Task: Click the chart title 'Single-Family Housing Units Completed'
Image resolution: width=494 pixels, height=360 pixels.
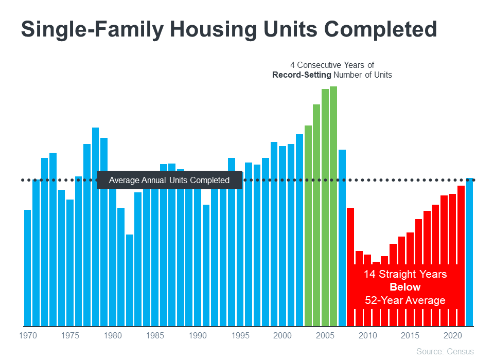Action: (x=229, y=30)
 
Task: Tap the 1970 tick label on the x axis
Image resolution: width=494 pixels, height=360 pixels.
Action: (x=27, y=336)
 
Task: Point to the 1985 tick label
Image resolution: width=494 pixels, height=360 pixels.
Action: (x=155, y=336)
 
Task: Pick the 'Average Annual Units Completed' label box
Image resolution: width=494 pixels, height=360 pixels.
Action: (x=169, y=181)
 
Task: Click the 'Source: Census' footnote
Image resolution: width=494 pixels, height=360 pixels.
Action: (x=445, y=351)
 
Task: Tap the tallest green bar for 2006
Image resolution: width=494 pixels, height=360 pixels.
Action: (x=333, y=206)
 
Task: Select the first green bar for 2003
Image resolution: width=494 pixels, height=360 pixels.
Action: (x=308, y=226)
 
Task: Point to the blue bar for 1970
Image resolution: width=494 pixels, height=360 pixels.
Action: (x=27, y=267)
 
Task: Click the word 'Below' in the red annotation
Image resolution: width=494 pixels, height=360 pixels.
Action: (x=405, y=287)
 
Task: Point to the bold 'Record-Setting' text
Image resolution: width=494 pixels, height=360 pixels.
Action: (x=302, y=75)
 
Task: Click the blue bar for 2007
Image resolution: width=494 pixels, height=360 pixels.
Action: (x=342, y=237)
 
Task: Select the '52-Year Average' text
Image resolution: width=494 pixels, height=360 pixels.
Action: (x=405, y=300)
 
